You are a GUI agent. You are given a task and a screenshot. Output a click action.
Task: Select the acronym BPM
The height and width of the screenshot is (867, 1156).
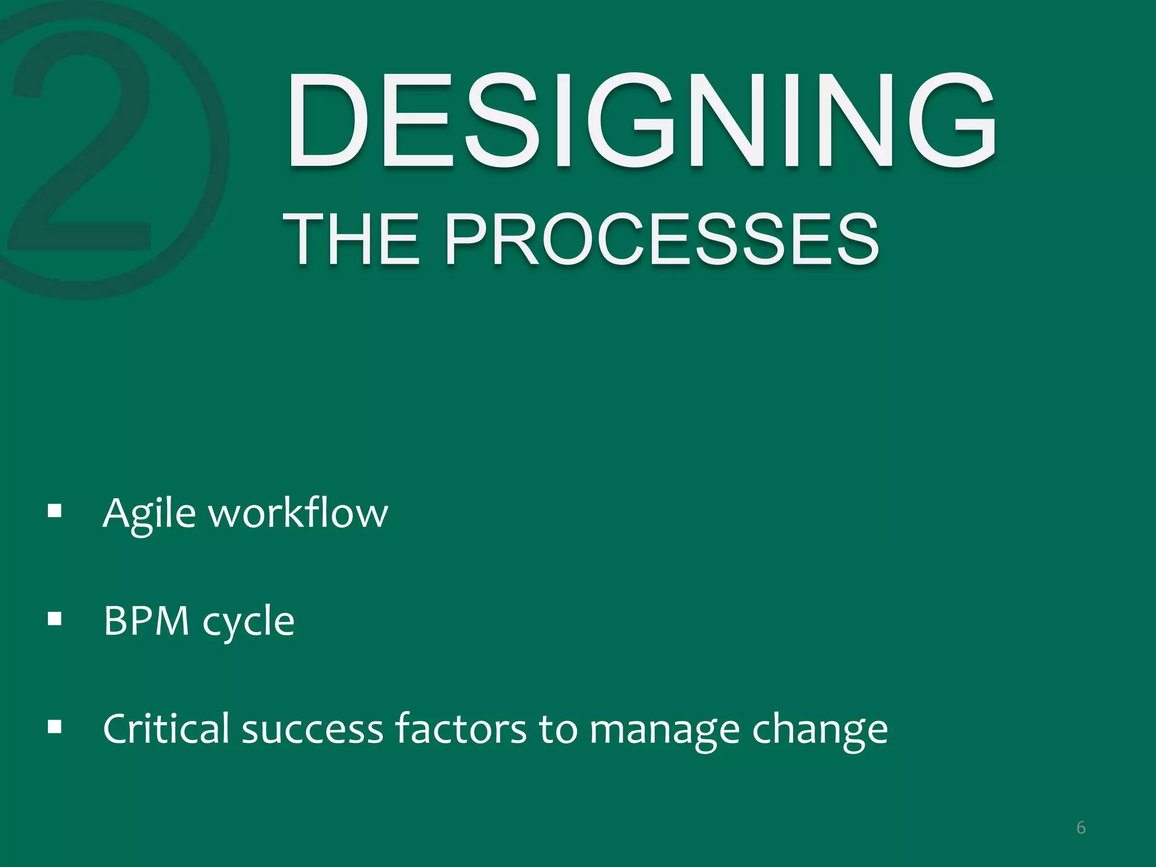click(x=146, y=621)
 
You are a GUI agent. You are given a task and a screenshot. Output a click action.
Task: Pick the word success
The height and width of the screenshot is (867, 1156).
click(x=313, y=729)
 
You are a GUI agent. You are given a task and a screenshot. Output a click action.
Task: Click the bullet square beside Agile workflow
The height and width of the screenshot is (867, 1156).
click(x=55, y=511)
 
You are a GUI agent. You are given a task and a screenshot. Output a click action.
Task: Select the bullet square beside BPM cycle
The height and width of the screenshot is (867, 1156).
click(x=55, y=619)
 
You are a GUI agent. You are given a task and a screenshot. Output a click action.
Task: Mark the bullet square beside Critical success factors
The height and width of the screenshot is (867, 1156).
click(x=55, y=726)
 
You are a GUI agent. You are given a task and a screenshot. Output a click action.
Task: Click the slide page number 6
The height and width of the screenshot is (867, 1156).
click(x=1081, y=828)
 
